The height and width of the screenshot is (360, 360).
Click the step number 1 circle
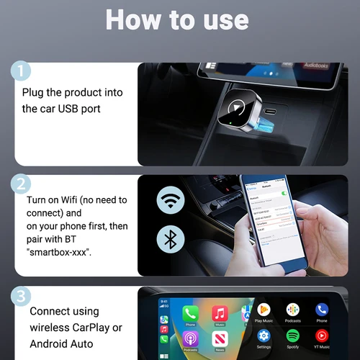pyautogui.click(x=22, y=71)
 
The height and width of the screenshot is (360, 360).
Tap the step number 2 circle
pyautogui.click(x=22, y=184)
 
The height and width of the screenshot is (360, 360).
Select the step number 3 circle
pyautogui.click(x=22, y=296)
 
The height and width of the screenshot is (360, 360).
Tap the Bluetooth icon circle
pyautogui.click(x=171, y=240)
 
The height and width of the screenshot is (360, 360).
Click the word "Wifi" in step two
pyautogui.click(x=81, y=199)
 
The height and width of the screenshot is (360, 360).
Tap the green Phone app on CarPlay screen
pyautogui.click(x=190, y=313)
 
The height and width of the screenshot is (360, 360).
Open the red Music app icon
pyautogui.click(x=220, y=313)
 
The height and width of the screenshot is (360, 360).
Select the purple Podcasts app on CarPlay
pyautogui.click(x=190, y=339)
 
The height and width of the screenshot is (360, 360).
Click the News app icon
pyautogui.click(x=220, y=339)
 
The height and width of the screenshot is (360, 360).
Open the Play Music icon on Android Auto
pyautogui.click(x=264, y=310)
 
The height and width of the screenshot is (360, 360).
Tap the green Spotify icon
pyautogui.click(x=292, y=336)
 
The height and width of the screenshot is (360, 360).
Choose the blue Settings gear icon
pyautogui.click(x=264, y=336)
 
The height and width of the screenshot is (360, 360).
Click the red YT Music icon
pyautogui.click(x=321, y=336)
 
